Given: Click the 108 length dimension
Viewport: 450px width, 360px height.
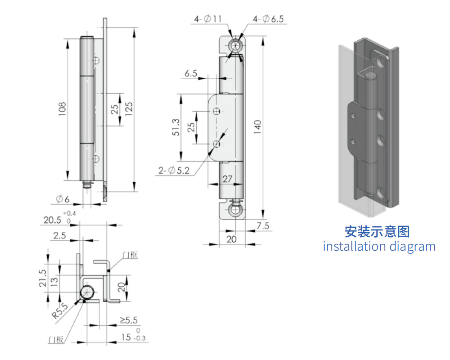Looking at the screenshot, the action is click(x=62, y=109).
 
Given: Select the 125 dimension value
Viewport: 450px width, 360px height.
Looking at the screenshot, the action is click(x=129, y=109).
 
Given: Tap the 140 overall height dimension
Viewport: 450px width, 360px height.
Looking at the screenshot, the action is click(x=257, y=127).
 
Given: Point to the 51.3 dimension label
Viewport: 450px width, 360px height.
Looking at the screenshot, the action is click(x=175, y=127).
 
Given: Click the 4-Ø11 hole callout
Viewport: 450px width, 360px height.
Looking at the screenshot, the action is click(x=208, y=19).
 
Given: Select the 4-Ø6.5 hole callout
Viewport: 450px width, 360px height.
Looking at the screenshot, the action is click(x=268, y=19).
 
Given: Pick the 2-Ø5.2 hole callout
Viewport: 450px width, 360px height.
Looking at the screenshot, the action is click(x=174, y=171).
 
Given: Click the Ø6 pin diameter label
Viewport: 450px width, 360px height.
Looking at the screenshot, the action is click(x=63, y=199).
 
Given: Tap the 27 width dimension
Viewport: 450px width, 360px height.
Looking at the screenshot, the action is click(x=227, y=179).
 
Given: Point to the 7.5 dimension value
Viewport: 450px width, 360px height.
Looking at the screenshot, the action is click(x=263, y=226).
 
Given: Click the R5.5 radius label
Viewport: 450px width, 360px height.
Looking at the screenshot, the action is click(x=60, y=311).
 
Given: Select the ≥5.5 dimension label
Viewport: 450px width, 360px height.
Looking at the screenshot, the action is click(x=129, y=320).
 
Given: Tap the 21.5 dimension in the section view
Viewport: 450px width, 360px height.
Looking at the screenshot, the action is click(x=42, y=278).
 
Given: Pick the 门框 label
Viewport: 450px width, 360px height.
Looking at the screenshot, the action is click(x=130, y=255).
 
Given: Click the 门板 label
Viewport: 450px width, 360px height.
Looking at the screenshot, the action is click(x=56, y=340).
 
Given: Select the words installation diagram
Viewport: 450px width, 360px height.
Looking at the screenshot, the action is click(x=379, y=247).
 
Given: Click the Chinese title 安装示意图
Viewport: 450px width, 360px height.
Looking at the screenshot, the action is click(x=377, y=232).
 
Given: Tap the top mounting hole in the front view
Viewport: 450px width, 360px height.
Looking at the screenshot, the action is click(x=235, y=45).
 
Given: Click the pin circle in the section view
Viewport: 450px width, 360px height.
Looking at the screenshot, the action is click(x=87, y=292).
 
